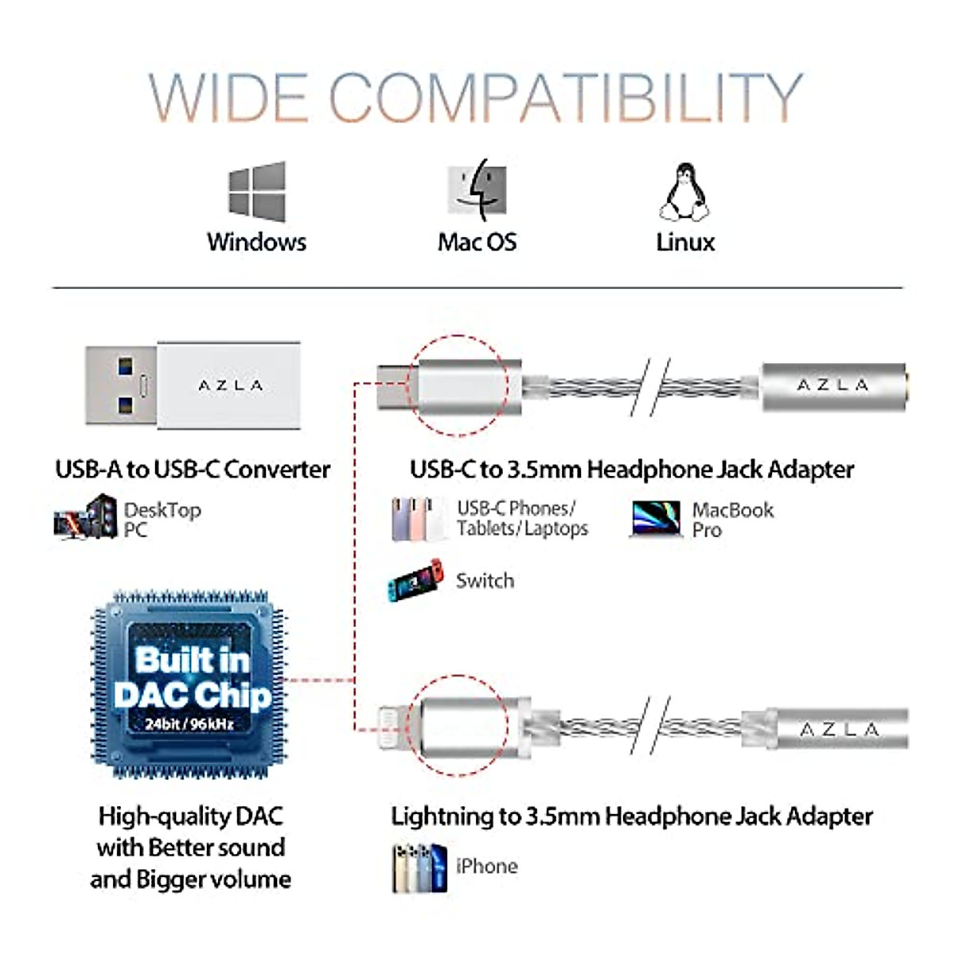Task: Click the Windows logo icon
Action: coord(256,192)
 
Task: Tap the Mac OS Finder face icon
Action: coord(477,189)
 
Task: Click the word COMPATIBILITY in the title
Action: coord(565,97)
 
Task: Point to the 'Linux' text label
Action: coord(685,242)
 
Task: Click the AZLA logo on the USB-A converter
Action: coord(230,386)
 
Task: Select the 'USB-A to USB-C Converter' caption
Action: coord(193,470)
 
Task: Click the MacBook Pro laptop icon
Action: coord(655,519)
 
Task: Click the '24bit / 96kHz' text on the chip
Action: coord(189,724)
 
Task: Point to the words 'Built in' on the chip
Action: coord(192,660)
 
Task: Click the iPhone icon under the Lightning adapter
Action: coord(419,867)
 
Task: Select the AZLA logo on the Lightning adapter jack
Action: coord(839,730)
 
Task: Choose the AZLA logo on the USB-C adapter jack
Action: coord(832,385)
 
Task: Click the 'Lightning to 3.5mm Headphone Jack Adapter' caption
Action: coord(631,817)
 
